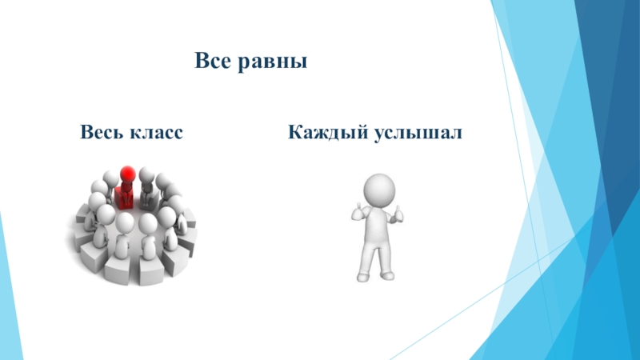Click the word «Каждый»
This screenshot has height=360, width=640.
[326, 131]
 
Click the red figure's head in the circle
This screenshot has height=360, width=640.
[126, 174]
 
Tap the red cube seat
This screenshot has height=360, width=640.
[126, 197]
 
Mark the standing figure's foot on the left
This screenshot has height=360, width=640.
[363, 277]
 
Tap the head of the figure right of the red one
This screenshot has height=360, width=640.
[146, 175]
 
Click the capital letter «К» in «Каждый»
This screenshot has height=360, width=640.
[294, 131]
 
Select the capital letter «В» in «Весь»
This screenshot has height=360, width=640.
[84, 131]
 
